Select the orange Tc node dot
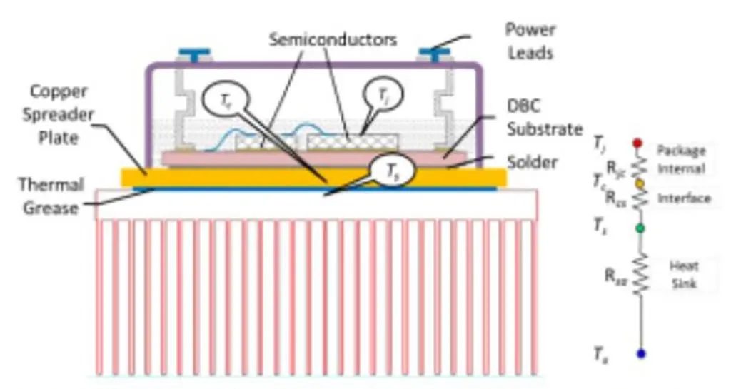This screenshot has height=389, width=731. [x=640, y=183]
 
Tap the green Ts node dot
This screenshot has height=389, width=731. [x=640, y=228]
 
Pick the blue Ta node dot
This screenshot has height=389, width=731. [x=640, y=353]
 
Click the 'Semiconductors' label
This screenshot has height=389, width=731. [x=333, y=39]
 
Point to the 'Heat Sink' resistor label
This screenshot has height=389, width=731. [x=683, y=275]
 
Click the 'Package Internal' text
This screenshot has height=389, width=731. [x=681, y=160]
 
